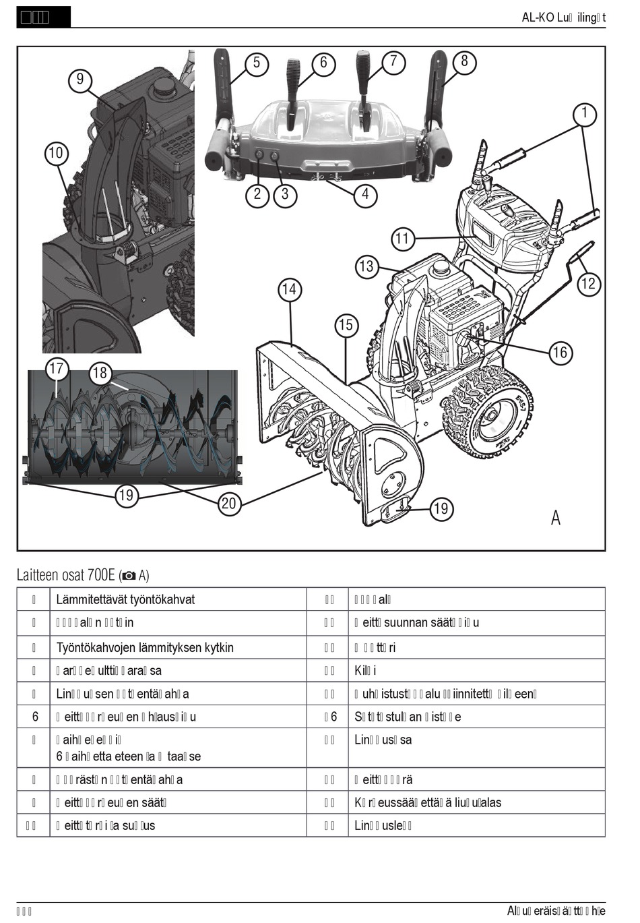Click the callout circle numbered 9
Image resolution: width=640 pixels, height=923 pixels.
80,80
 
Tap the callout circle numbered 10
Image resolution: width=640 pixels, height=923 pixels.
56,153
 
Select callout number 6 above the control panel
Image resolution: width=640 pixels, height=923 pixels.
323,63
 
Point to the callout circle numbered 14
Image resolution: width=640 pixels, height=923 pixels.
289,290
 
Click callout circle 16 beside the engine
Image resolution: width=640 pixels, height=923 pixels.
560,352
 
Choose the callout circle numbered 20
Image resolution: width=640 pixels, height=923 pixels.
229,504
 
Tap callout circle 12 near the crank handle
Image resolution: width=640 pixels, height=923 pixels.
588,283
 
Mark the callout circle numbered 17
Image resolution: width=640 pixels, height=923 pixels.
57,368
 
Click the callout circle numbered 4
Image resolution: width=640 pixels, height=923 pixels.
364,194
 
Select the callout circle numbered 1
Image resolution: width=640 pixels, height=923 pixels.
585,114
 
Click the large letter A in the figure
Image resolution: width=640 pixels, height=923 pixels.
555,517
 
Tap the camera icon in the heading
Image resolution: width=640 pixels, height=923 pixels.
128,576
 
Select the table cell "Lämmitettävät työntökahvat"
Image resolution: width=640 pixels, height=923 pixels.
125,599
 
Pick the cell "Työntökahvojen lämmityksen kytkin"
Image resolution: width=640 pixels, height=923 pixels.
145,647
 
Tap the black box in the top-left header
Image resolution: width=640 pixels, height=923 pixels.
43,18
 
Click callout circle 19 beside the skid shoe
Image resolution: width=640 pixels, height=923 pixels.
441,508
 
